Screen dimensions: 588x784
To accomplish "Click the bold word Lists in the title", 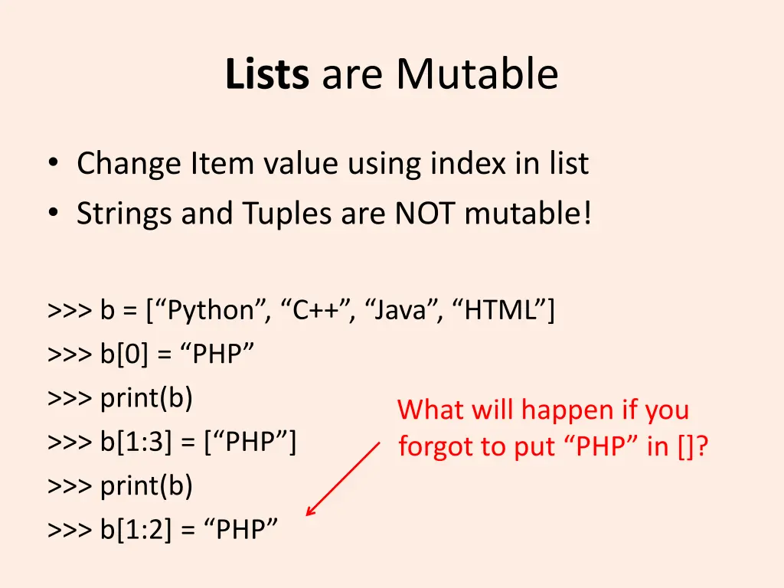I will tap(267, 75).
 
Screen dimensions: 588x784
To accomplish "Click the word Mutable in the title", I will tap(477, 75).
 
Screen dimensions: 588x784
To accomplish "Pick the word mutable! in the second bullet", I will tap(528, 214).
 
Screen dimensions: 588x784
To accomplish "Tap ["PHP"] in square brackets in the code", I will tap(250, 442).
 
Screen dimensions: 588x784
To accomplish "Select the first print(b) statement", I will tap(146, 398).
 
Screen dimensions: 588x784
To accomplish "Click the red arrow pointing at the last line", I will tap(342, 479).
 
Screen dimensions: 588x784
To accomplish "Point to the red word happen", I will tap(568, 411).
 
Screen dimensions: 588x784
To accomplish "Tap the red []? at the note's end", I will tap(692, 446).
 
